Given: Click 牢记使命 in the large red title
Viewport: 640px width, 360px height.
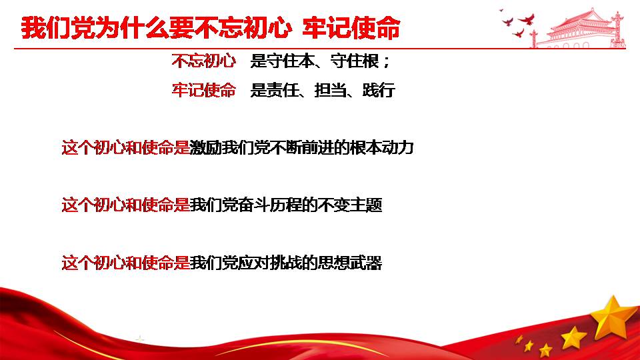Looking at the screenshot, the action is (x=351, y=28).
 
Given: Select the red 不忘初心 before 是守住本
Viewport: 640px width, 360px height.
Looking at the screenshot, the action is (x=204, y=61).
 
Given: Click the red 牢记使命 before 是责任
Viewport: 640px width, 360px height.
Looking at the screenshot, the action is (x=204, y=90).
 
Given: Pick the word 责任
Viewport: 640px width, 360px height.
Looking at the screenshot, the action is (x=283, y=90).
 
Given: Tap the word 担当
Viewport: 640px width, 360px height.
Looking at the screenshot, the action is (x=330, y=90).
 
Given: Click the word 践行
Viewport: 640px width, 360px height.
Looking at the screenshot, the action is (x=379, y=90).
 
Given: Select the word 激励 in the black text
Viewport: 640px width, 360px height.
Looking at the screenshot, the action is (x=206, y=147).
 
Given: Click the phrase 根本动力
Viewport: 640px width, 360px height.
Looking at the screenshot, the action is (x=381, y=147).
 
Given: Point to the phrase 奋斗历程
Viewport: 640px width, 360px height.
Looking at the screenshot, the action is (x=270, y=205).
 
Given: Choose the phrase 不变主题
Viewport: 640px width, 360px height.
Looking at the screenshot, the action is (x=350, y=205).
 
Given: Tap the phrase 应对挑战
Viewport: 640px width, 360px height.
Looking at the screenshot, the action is (x=270, y=263).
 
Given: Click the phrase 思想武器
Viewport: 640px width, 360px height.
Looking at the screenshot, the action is (x=350, y=263).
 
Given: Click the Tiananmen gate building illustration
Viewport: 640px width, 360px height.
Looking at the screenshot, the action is (x=579, y=29).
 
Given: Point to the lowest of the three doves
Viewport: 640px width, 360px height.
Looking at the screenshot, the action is (x=519, y=33).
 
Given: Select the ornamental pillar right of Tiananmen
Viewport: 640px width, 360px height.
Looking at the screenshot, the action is (x=619, y=29).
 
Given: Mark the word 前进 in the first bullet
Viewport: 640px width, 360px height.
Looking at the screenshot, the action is (x=317, y=147).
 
